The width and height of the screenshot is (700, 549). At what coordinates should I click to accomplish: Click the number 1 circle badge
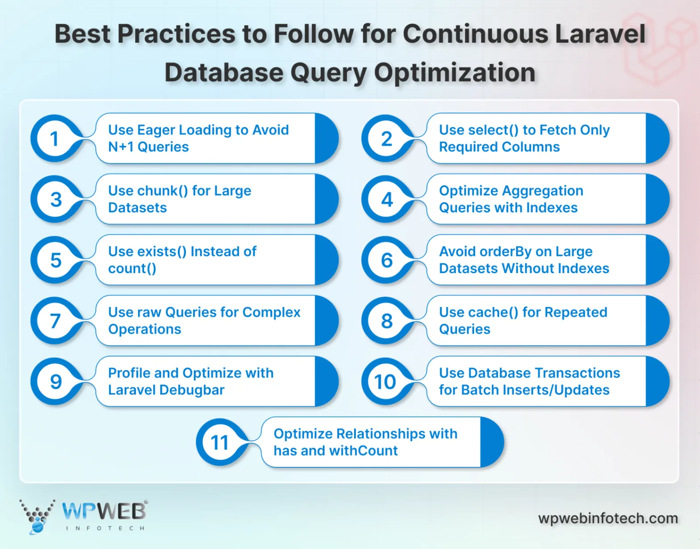(x=55, y=139)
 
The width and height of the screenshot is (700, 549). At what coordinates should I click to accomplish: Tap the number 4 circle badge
(x=387, y=200)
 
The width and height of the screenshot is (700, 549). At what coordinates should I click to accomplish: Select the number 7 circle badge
(x=55, y=321)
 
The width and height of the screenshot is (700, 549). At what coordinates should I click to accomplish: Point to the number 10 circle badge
(x=385, y=382)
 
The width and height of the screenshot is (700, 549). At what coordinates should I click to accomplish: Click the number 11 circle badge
(x=220, y=443)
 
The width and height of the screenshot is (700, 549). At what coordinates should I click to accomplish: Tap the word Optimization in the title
(x=455, y=72)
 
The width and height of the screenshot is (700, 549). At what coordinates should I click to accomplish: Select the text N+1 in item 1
(x=121, y=147)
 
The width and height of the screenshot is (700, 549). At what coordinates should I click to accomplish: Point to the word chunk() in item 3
(x=163, y=191)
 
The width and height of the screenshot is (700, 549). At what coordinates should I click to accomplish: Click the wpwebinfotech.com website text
(x=608, y=518)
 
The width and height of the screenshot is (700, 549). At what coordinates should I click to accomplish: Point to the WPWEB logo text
(x=104, y=512)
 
